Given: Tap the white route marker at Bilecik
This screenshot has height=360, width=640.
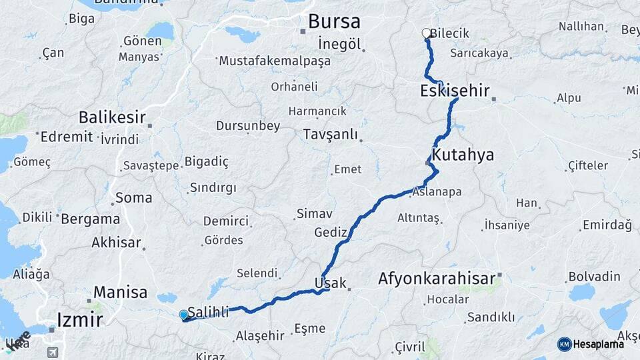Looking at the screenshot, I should click(427, 33).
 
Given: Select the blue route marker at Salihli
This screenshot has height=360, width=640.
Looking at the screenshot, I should click(184, 315).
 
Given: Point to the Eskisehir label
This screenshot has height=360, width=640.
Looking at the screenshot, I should click(455, 91).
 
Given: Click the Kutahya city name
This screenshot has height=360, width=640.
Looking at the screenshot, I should click(463, 155).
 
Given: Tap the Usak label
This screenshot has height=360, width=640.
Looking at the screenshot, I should click(330, 283).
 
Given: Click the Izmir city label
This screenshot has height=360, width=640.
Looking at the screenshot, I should click(80, 319).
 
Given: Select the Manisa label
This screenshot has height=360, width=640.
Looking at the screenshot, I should click(120, 291).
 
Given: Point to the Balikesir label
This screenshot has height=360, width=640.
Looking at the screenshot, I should click(112, 117).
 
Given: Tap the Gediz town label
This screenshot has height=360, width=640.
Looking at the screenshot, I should click(331, 232).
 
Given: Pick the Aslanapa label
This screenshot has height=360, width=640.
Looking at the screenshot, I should click(437, 192).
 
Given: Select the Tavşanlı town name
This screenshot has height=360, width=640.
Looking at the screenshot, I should click(331, 134).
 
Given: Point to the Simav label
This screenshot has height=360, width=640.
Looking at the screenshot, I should click(314, 213).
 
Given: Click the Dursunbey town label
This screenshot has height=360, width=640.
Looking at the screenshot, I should click(248, 126).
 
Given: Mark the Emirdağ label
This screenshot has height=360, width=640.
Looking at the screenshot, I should click(606, 225).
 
